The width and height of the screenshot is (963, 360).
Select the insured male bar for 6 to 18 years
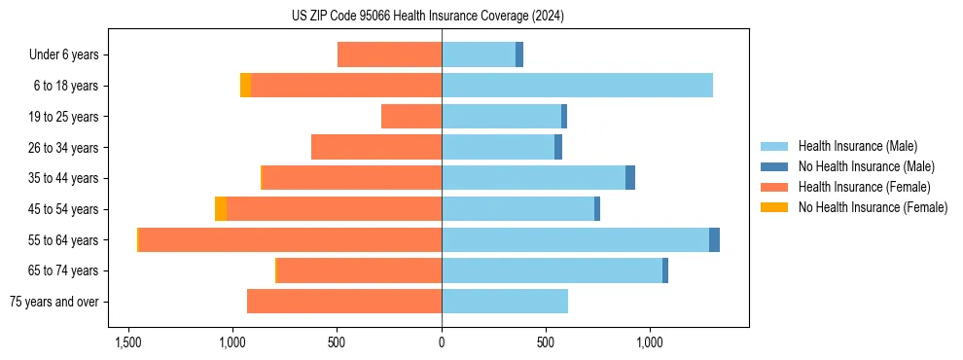(577, 86)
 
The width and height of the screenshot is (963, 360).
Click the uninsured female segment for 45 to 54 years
(221, 208)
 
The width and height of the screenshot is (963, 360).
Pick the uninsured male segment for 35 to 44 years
(630, 178)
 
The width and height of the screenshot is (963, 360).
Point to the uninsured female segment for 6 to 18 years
(245, 86)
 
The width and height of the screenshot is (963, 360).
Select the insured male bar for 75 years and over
(505, 302)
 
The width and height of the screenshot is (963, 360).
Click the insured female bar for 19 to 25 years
(411, 117)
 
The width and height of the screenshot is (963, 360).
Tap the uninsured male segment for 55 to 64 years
(714, 239)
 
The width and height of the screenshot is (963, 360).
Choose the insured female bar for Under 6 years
(389, 54)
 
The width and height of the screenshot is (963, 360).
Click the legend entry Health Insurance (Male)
(857, 146)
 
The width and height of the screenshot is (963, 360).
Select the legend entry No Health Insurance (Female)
(873, 207)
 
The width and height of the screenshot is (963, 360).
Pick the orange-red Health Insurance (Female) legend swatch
(774, 187)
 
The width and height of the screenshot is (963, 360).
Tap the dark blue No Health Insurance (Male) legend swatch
(774, 166)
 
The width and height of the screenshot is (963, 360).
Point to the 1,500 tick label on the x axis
(128, 342)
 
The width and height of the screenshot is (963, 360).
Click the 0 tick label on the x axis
(442, 342)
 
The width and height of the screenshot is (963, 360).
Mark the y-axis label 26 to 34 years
(63, 147)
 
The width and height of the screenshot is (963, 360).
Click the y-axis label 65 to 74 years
(63, 270)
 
